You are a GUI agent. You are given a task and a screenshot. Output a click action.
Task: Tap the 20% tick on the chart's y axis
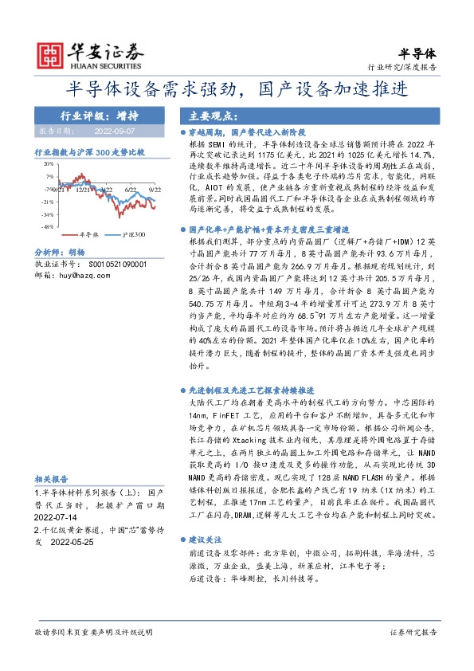pyautogui.click(x=49, y=162)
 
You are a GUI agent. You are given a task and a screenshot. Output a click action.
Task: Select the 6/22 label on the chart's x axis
pyautogui.click(x=131, y=190)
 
